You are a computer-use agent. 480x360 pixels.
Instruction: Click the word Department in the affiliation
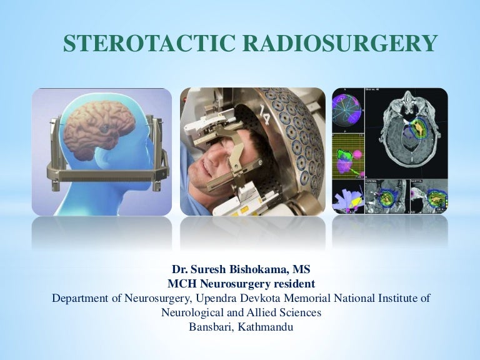pos(83,298)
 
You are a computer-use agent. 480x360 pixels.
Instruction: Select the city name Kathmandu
pos(267,326)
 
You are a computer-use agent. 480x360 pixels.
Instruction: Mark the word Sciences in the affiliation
pos(300,312)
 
